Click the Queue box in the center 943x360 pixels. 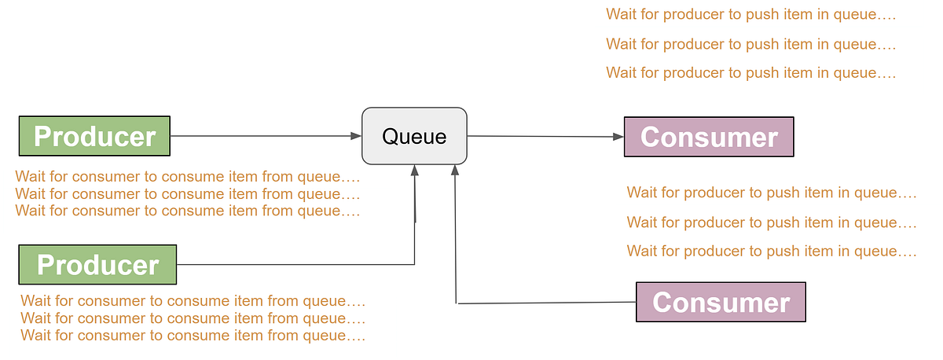414,136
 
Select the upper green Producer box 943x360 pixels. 94,136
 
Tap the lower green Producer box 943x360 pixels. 97,264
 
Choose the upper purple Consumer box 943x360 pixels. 709,137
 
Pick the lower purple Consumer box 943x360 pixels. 721,302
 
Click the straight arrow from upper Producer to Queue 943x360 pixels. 259,136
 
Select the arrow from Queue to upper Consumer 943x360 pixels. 542,137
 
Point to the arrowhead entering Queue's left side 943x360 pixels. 355,136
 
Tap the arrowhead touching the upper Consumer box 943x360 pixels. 618,137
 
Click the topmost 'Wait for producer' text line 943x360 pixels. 750,14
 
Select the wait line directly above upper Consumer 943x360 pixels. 750,73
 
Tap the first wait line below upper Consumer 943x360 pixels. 771,193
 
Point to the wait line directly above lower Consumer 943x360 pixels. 771,252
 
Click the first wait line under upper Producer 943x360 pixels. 187,176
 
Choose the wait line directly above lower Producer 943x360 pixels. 187,211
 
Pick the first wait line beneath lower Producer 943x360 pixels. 193,300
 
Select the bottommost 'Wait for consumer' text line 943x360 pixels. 193,336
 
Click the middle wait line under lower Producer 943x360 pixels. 193,318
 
